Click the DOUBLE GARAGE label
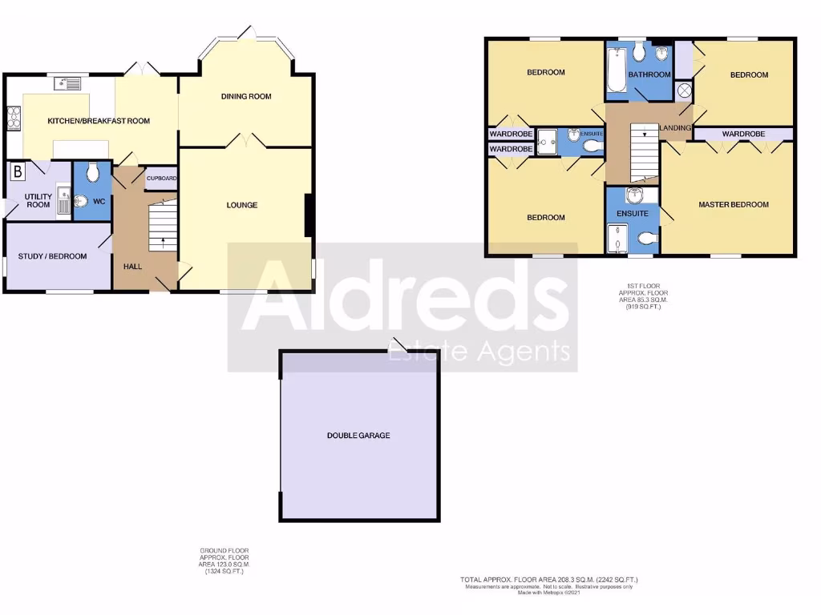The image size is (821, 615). [x=358, y=436]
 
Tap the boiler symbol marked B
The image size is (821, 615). [x=17, y=171]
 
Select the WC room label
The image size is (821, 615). [x=99, y=201]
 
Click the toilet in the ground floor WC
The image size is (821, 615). [x=93, y=172]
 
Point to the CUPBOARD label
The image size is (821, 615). [x=161, y=179]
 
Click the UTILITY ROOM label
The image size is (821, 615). [x=38, y=200]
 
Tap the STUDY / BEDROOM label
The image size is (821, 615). [x=53, y=256]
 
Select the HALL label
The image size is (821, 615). [x=133, y=266]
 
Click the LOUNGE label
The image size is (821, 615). [x=241, y=205]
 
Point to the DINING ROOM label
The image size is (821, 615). [x=246, y=97]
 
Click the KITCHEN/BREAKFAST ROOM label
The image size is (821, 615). [x=99, y=121]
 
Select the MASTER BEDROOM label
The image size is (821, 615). [x=733, y=205]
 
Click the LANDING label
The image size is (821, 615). [x=675, y=128]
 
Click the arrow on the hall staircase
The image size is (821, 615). [x=164, y=239]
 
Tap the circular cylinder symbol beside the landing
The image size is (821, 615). [x=684, y=90]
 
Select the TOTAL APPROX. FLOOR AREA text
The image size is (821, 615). [x=548, y=580]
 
